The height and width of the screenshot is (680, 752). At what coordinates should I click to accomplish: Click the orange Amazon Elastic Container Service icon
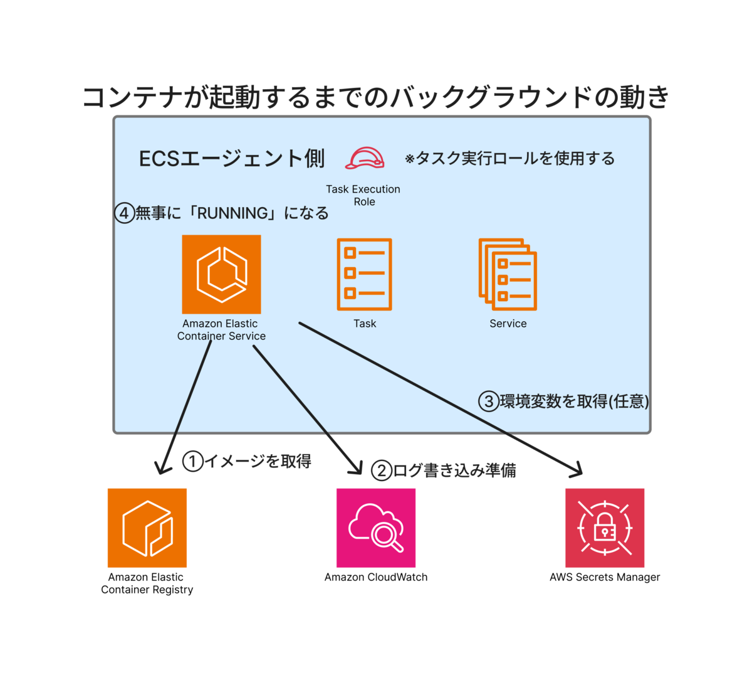221,274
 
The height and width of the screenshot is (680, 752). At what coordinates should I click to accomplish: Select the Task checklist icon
364,274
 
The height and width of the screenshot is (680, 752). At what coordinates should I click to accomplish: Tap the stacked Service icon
508,274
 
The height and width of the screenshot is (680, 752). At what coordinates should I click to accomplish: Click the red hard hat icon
364,158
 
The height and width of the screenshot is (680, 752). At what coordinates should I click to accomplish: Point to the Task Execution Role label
363,195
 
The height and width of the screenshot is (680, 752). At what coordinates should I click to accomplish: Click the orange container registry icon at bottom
147,528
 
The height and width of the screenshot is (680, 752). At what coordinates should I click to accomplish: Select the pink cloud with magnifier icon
376,528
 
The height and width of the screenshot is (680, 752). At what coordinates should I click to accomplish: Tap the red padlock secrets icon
604,528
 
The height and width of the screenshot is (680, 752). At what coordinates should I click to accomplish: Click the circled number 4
124,213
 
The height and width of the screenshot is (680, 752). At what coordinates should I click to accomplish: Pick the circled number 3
488,401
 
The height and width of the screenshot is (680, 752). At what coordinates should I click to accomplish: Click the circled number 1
192,462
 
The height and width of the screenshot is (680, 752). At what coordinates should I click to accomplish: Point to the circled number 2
380,470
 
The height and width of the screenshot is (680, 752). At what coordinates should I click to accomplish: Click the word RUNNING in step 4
232,213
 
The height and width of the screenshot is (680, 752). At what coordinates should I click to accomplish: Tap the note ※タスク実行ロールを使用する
509,159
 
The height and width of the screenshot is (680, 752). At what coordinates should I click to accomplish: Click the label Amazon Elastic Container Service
221,330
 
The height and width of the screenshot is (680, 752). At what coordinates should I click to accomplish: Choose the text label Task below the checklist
365,324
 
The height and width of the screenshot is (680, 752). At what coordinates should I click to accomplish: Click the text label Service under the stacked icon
508,324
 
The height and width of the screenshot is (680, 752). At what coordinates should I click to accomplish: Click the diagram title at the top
376,98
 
